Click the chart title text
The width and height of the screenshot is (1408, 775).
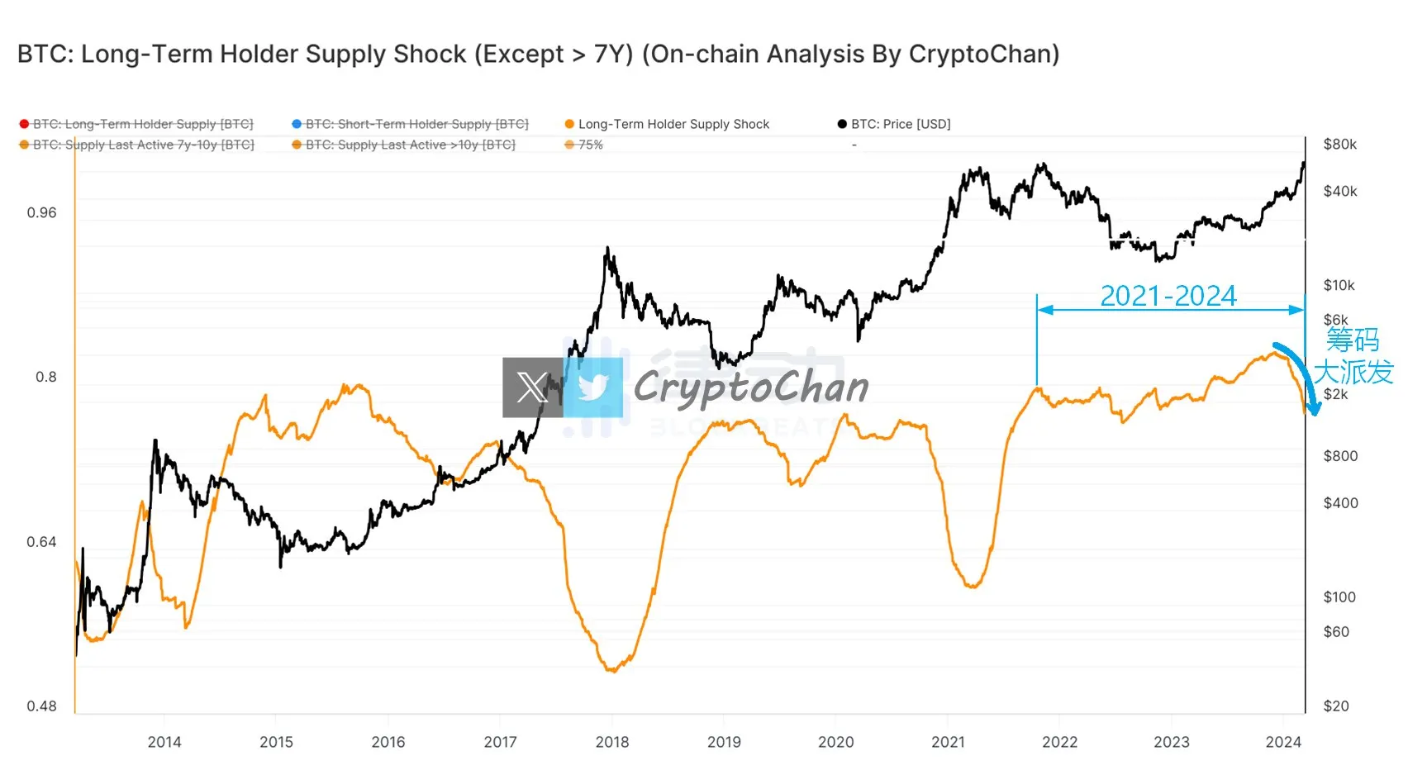[x=538, y=55]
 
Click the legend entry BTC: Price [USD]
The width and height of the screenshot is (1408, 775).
[x=900, y=124]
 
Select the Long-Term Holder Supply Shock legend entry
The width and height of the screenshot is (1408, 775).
[x=673, y=124]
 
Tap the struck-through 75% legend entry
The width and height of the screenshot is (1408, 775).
[x=590, y=145]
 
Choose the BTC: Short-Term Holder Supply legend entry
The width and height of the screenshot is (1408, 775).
[x=416, y=124]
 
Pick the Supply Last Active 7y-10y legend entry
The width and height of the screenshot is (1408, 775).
[x=143, y=145]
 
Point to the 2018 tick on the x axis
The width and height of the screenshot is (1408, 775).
[x=611, y=742]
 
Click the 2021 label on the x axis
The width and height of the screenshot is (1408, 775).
[x=948, y=742]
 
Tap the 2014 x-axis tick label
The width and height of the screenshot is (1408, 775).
[x=164, y=742]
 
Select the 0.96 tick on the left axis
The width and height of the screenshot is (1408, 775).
[x=41, y=213]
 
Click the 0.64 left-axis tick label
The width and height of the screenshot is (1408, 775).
[x=41, y=542]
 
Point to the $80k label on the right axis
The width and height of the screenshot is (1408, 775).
[x=1339, y=145]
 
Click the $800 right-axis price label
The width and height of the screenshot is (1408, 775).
[x=1339, y=456]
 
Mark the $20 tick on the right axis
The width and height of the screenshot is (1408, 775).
[x=1335, y=706]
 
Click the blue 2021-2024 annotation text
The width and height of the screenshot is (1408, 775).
[x=1168, y=296]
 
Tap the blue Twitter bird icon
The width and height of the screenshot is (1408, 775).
[x=593, y=387]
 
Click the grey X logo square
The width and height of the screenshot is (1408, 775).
[x=532, y=387]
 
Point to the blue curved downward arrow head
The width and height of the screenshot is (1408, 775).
[x=1312, y=408]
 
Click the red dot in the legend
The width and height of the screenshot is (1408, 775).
[x=24, y=124]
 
